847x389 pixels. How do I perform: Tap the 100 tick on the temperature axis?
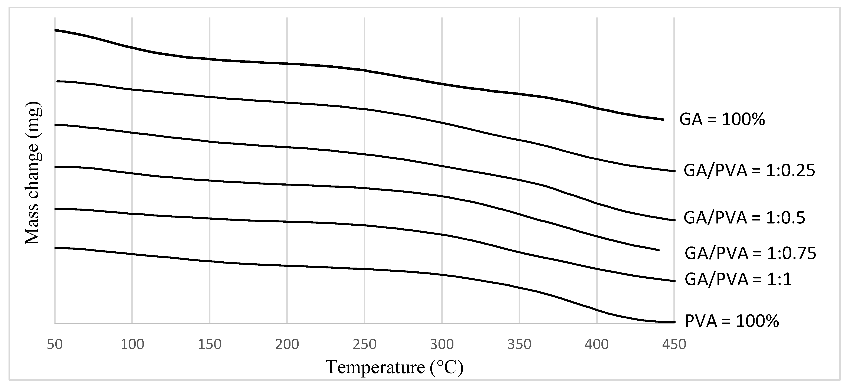click(x=132, y=344)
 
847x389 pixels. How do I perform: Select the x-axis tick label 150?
click(x=209, y=344)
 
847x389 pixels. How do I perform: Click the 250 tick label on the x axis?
click(x=364, y=344)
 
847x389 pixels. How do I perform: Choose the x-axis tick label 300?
click(x=442, y=344)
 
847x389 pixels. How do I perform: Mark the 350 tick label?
click(x=519, y=344)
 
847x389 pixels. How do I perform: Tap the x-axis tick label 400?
click(x=597, y=344)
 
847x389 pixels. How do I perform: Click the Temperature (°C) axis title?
click(x=395, y=367)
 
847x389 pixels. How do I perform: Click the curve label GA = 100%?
click(x=722, y=119)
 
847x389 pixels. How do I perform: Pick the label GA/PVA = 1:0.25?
click(x=749, y=171)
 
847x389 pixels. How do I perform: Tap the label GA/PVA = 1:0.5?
click(x=744, y=218)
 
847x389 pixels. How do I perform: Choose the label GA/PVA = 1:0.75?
click(x=750, y=253)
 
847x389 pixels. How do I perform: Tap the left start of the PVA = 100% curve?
click(x=55, y=248)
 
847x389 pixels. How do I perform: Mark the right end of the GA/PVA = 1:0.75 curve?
click(x=659, y=250)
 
